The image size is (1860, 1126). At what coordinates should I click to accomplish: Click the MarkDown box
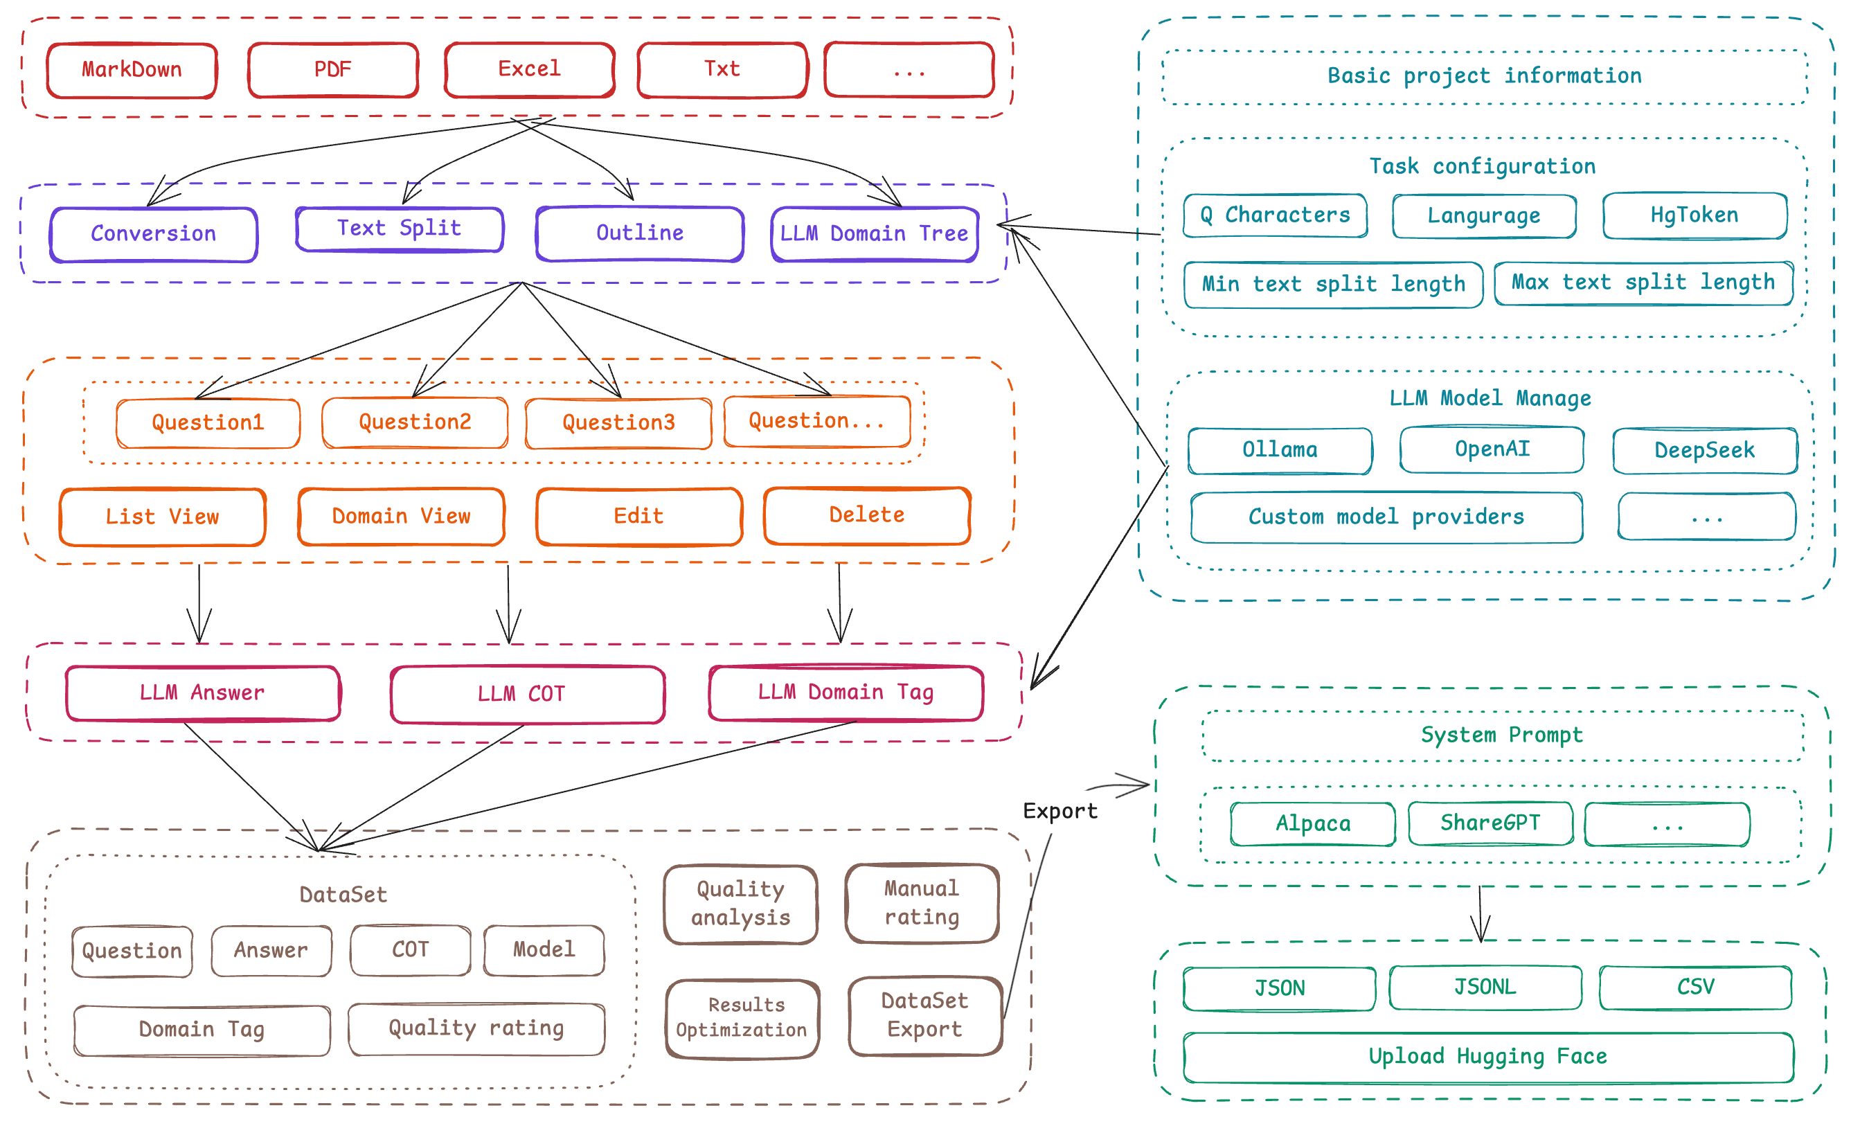tap(132, 70)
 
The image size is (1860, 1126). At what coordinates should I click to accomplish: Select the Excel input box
tap(529, 69)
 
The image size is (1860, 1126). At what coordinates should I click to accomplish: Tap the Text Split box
tap(400, 229)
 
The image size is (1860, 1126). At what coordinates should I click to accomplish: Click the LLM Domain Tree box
tap(874, 234)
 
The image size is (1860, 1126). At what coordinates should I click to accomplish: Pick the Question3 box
tap(618, 422)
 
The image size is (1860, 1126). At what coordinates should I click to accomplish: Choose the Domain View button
tap(401, 516)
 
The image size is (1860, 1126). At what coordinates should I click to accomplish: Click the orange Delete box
tap(866, 515)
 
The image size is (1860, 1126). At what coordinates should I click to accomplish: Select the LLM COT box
tap(527, 694)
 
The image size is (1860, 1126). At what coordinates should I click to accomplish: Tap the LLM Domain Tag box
tap(846, 692)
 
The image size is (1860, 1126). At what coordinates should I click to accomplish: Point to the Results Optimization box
tap(742, 1018)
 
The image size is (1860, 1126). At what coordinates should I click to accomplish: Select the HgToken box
tap(1694, 216)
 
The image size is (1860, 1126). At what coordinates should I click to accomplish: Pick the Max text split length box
tap(1643, 283)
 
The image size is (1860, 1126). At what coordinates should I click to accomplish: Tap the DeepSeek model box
tap(1704, 451)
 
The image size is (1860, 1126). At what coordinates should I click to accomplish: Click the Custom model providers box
tap(1386, 517)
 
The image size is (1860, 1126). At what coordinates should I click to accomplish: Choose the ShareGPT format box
tap(1490, 823)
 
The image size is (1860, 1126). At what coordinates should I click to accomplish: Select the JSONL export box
tap(1485, 987)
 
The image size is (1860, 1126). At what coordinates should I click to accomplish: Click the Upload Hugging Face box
tap(1488, 1057)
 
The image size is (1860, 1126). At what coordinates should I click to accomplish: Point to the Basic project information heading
tap(1484, 76)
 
